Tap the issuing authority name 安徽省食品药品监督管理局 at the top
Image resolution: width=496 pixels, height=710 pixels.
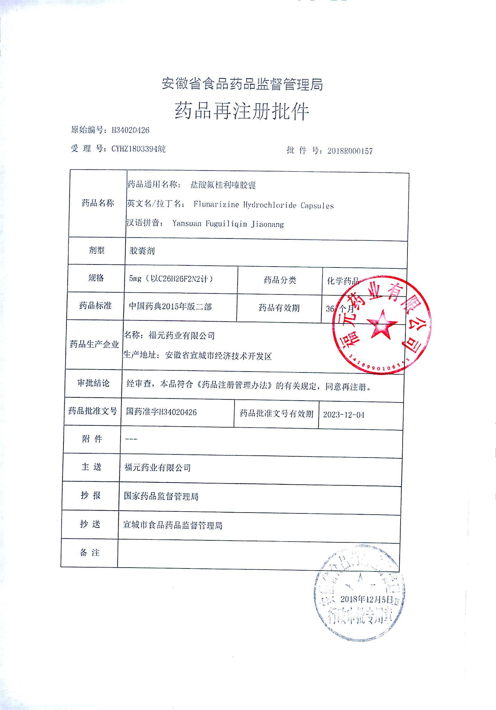coord(242,84)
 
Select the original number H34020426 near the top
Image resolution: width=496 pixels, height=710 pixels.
coord(130,130)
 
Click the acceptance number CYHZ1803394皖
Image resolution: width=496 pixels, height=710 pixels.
coord(139,149)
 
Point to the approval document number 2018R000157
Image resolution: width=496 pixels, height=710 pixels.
coord(350,151)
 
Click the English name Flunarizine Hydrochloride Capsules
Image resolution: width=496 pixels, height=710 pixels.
coord(264,205)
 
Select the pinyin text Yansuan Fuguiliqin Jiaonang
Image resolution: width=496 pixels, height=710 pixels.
coord(228,224)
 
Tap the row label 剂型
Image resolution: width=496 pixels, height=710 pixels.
coord(97,250)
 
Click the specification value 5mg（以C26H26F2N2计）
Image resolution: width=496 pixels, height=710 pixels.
coord(171,279)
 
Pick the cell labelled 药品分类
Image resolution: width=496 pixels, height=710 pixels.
coord(280,280)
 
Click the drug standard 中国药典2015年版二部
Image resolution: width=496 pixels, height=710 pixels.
coord(170,306)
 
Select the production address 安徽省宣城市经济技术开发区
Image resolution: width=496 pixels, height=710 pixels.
coord(218,356)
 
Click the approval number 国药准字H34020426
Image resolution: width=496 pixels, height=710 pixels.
coord(161,412)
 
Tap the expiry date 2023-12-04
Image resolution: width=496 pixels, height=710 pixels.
coord(343,415)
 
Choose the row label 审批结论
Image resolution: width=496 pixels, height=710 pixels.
coord(93,383)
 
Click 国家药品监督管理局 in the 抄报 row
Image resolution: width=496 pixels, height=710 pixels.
coord(161,497)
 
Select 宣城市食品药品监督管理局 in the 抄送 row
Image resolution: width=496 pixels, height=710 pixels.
coord(173,525)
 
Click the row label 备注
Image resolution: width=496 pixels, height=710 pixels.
coord(90,553)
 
